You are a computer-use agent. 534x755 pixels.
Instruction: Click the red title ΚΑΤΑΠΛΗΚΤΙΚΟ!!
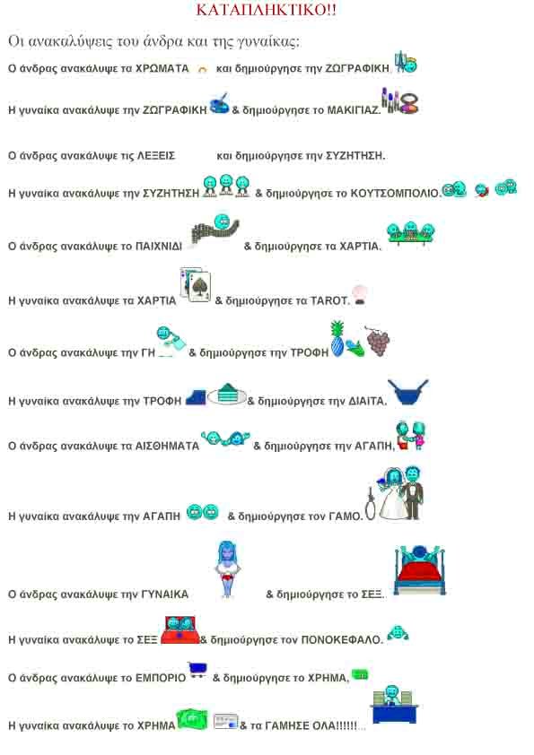pos(266,10)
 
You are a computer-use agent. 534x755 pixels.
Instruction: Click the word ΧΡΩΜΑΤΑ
pos(162,68)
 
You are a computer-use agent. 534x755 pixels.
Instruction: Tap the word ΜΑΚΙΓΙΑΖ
pos(354,110)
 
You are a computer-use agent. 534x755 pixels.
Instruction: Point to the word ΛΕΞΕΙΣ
pos(156,156)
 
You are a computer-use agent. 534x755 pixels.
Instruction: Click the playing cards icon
pos(196,284)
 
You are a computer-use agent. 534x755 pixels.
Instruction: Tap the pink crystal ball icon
pos(360,295)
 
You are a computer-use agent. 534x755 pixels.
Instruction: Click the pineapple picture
pos(337,339)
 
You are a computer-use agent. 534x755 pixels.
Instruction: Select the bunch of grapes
pos(378,341)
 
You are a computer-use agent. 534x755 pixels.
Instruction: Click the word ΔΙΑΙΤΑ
pos(367,401)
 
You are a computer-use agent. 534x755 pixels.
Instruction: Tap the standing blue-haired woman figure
pos(228,568)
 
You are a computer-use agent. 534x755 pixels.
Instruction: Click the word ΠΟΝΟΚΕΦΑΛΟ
pos(341,640)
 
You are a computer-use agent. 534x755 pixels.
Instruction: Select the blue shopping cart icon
pos(197,670)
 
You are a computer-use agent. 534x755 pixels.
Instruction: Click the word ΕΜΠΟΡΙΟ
pos(161,678)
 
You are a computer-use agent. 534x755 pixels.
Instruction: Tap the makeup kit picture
pos(400,100)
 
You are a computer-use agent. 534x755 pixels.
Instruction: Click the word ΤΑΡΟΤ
pos(329,301)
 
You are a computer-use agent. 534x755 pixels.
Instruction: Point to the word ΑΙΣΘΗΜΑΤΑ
pos(167,447)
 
